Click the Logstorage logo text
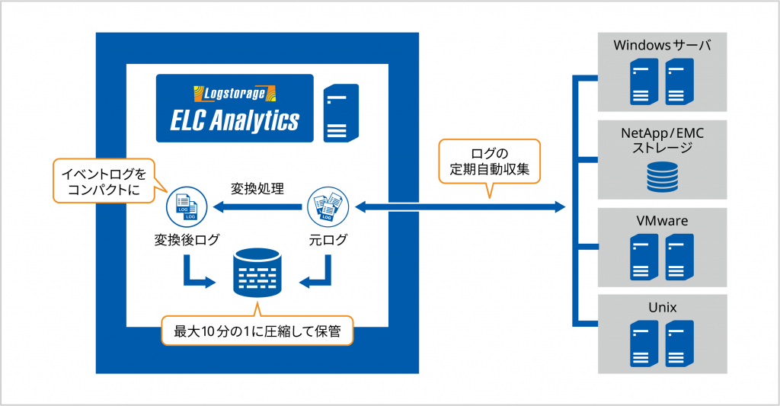click(234, 94)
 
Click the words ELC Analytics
click(235, 120)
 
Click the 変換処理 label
click(257, 187)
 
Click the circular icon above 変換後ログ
click(186, 206)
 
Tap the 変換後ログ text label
click(187, 240)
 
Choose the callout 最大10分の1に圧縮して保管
click(257, 332)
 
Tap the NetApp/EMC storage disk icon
click(662, 176)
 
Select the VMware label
click(662, 221)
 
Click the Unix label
click(662, 308)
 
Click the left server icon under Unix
click(644, 342)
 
